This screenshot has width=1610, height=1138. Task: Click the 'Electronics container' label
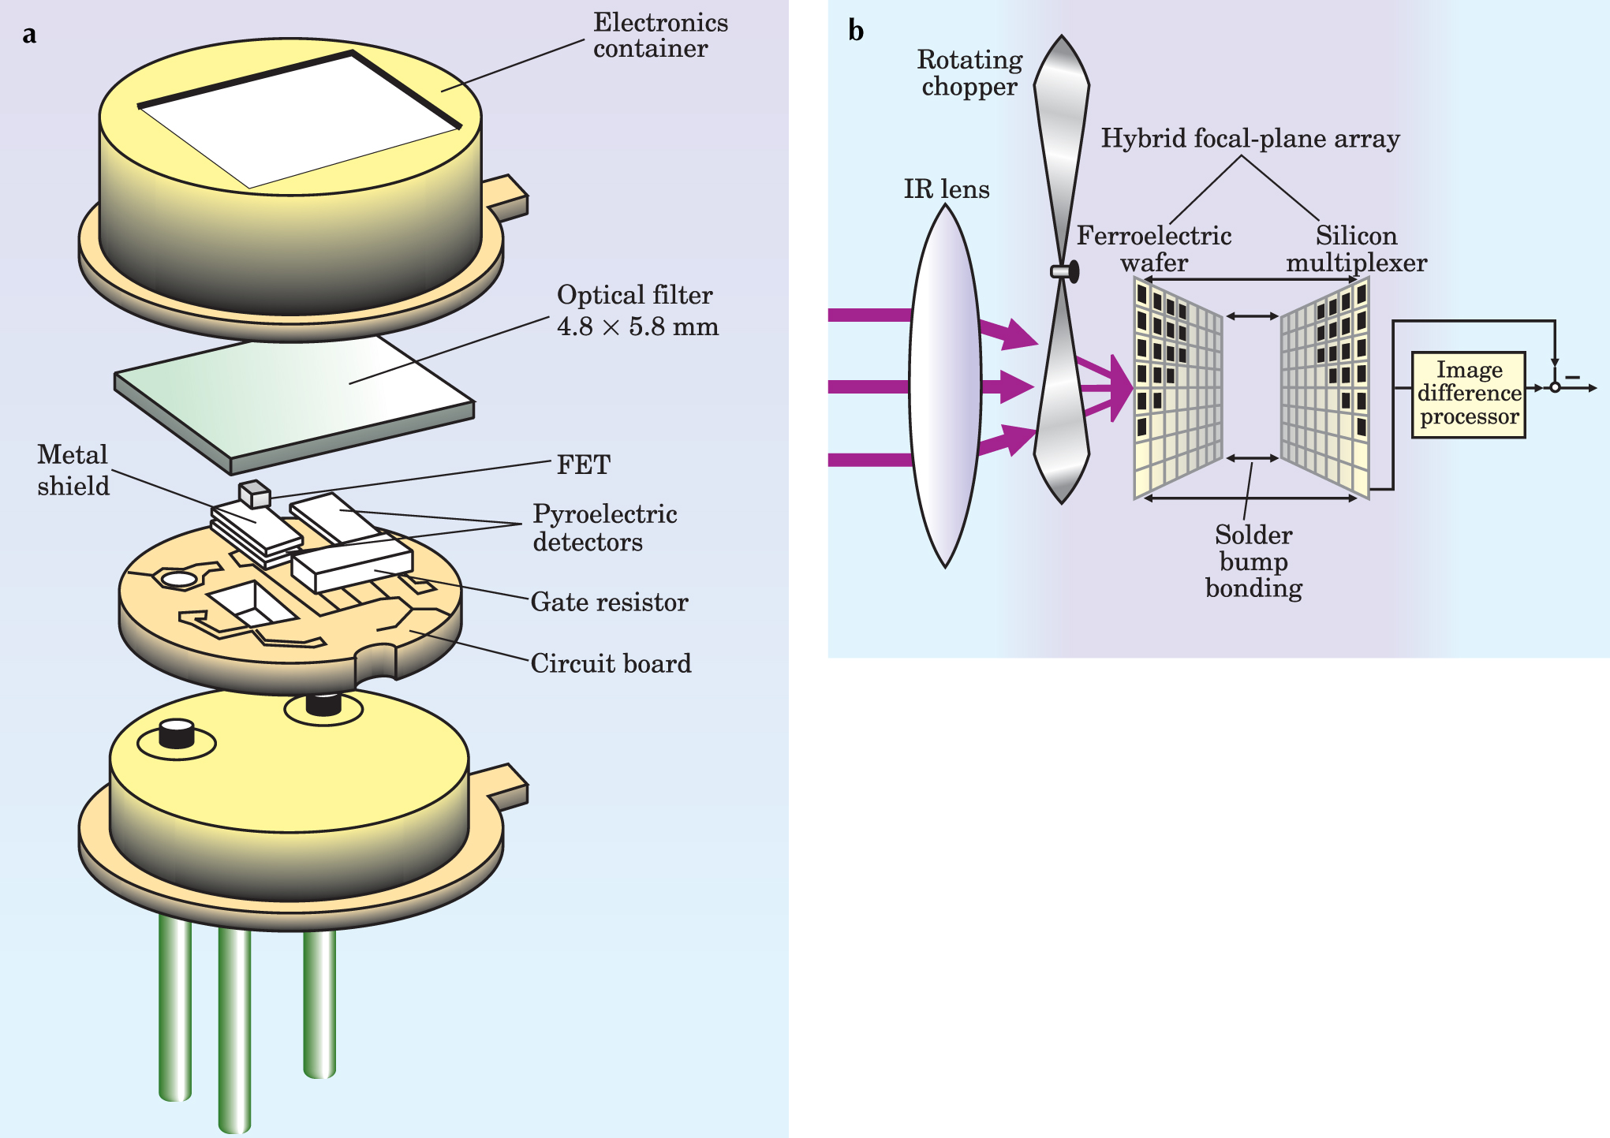coord(660,35)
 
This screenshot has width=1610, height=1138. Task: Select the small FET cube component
coord(255,494)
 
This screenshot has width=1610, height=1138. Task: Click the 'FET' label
coord(583,465)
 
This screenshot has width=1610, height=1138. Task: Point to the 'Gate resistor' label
coord(609,602)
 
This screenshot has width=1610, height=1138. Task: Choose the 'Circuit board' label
coord(611,663)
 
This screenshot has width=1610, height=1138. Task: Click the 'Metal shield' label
coord(73,470)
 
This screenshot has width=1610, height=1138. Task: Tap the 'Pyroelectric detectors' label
coord(604,528)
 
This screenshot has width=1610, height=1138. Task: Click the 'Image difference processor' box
coord(1468,394)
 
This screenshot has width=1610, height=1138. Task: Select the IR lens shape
coord(945,386)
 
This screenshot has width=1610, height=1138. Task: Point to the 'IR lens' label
coord(946,189)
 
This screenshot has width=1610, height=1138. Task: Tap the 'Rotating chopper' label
coord(969,73)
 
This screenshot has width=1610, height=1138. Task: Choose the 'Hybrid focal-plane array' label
coord(1250,138)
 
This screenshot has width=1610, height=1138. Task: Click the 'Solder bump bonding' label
coord(1253,561)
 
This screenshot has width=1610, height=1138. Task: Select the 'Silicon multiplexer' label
coord(1356,248)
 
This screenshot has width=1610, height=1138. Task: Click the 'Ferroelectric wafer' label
coord(1154,248)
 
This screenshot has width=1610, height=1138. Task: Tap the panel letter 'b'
coord(856,32)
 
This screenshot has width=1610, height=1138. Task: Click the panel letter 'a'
coord(29,35)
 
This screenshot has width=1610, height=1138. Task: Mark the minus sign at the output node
coord(1572,377)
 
